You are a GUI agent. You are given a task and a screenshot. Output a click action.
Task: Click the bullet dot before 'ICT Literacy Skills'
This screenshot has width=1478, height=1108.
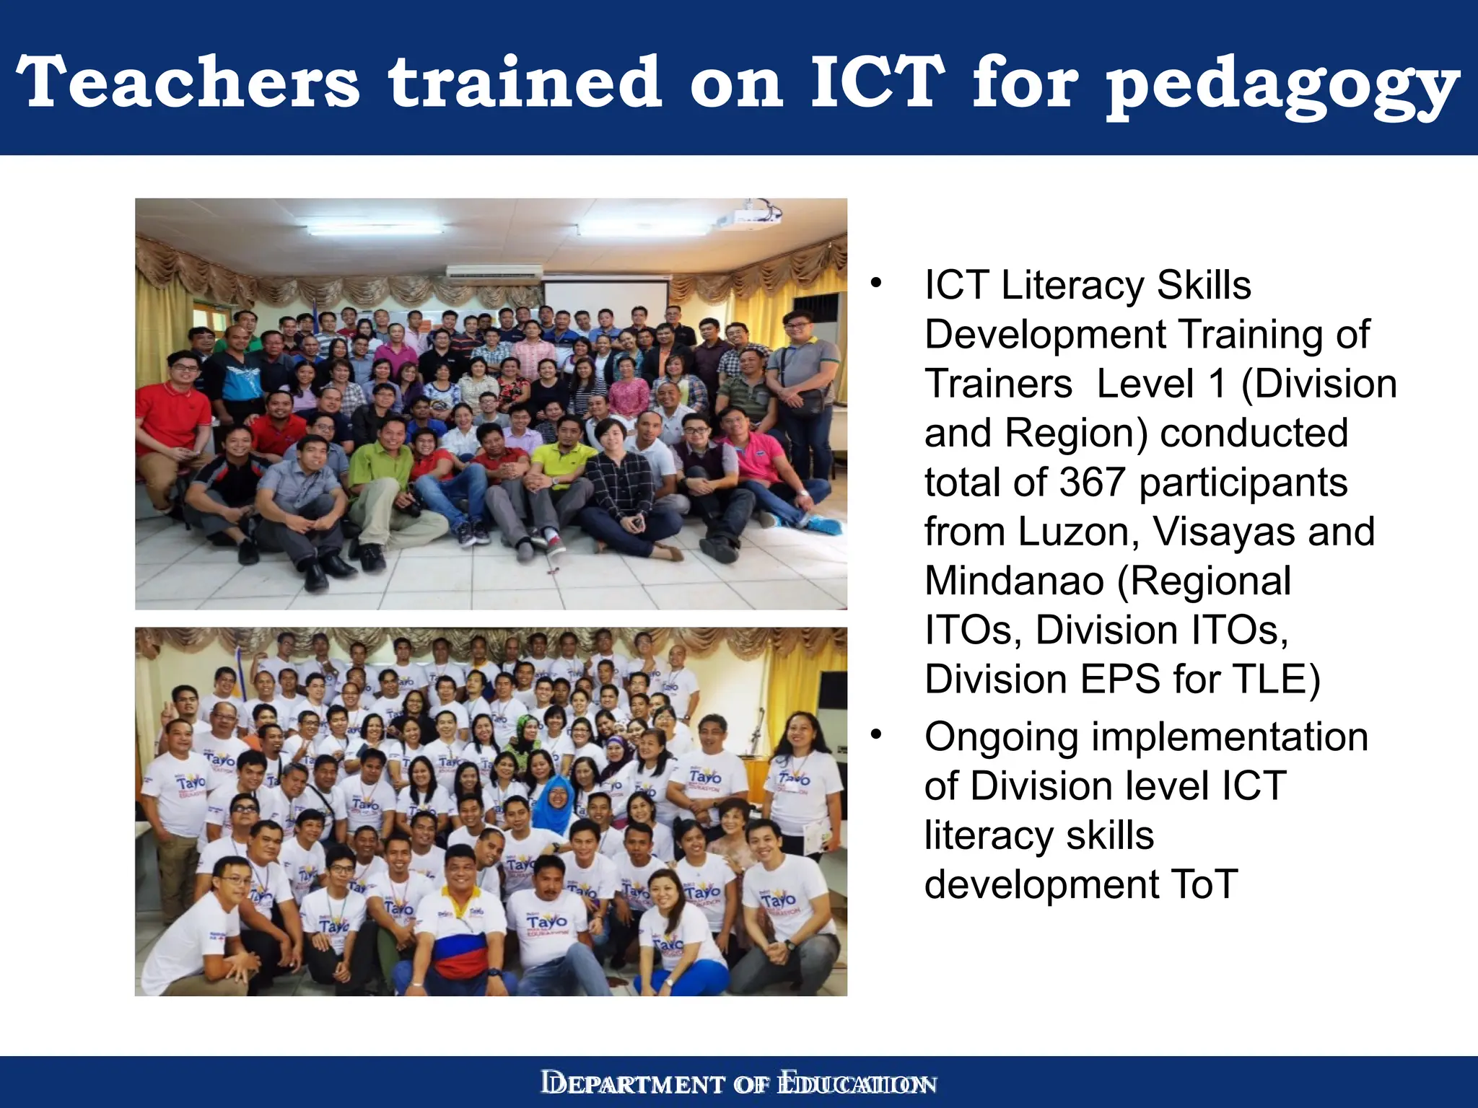(876, 283)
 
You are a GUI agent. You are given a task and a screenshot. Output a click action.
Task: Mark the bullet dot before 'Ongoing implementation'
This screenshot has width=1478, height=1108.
(876, 735)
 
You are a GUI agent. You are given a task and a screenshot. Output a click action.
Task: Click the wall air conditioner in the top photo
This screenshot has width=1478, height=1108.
(494, 272)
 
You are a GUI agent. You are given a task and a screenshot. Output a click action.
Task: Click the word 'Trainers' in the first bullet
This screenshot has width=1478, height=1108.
(998, 384)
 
